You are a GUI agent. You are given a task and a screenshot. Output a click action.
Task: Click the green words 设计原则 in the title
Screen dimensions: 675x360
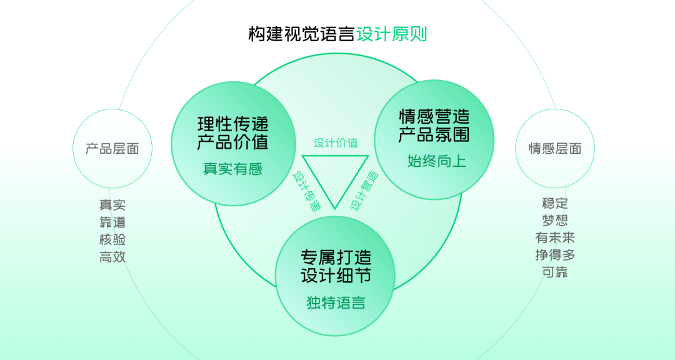pos(392,34)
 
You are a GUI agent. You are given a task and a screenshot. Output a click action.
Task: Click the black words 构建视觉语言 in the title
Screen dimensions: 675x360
pos(301,34)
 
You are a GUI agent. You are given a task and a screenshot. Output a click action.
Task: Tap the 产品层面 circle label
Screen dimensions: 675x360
pos(112,149)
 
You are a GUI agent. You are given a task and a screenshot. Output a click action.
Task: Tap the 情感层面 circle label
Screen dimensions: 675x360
pos(555,149)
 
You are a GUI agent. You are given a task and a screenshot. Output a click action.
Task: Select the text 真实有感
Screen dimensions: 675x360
pos(232,169)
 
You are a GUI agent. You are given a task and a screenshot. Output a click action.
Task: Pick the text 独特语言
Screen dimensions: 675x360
pos(336,303)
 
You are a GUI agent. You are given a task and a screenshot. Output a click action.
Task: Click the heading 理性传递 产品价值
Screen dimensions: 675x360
pos(232,132)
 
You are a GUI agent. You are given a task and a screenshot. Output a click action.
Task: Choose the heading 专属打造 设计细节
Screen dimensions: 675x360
pos(336,266)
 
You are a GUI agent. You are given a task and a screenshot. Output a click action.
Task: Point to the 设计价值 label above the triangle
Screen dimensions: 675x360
pos(336,142)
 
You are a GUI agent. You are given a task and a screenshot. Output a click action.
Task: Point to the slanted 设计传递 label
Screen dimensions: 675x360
pos(306,191)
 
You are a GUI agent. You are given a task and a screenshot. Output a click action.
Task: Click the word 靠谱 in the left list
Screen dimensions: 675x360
pos(112,222)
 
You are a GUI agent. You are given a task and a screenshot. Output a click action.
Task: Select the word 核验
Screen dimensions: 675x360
pos(112,239)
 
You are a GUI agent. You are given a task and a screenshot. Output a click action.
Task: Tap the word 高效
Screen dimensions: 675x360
pos(112,257)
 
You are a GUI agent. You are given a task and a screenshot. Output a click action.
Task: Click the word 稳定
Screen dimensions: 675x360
pos(555,203)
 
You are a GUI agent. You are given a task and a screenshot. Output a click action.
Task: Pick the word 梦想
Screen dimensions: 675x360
pos(555,221)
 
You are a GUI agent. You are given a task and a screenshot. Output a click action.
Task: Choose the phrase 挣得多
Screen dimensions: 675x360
pos(555,255)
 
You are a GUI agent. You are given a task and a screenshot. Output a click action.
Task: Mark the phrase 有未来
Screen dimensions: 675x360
pos(555,238)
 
